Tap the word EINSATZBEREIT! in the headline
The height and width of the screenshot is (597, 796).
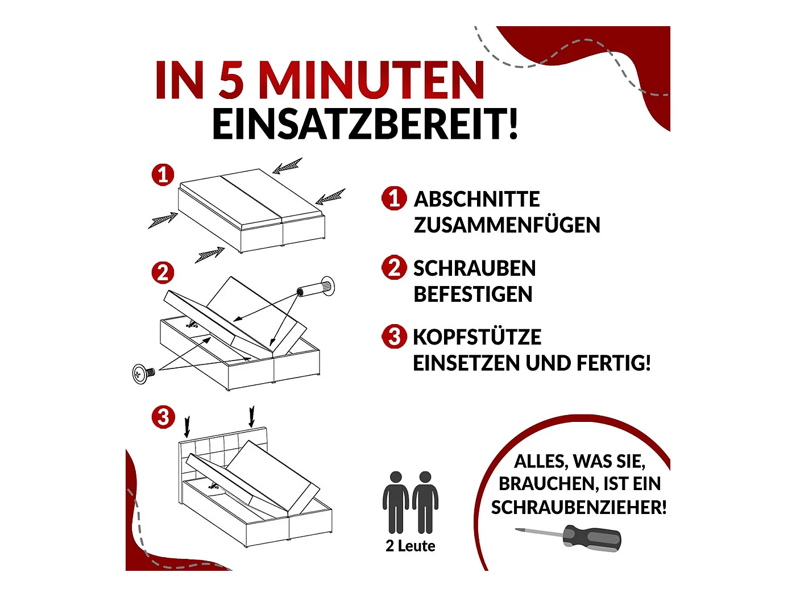(x=365, y=123)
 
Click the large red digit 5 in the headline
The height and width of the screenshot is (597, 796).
(x=231, y=80)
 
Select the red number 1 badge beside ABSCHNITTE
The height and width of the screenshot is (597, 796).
(x=394, y=198)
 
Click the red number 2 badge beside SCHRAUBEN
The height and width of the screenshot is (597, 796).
(x=394, y=267)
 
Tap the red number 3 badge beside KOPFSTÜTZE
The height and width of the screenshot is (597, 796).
(x=394, y=337)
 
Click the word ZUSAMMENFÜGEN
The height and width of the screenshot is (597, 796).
(x=507, y=225)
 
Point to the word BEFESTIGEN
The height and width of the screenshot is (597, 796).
(x=473, y=294)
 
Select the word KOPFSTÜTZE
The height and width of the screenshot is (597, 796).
(x=477, y=337)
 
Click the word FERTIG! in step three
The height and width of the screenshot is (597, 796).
(x=613, y=363)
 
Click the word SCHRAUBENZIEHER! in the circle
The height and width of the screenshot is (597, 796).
(x=579, y=507)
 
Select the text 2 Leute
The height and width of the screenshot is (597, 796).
(x=410, y=546)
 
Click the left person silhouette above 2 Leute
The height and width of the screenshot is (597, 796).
(x=396, y=503)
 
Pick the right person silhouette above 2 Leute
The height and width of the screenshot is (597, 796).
(x=425, y=503)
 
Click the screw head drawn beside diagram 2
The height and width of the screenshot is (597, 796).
(x=140, y=374)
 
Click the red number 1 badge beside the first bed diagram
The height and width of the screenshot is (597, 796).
(x=163, y=175)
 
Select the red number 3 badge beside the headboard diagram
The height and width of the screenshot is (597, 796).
(x=163, y=417)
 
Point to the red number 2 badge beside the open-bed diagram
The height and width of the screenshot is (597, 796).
(x=163, y=273)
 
